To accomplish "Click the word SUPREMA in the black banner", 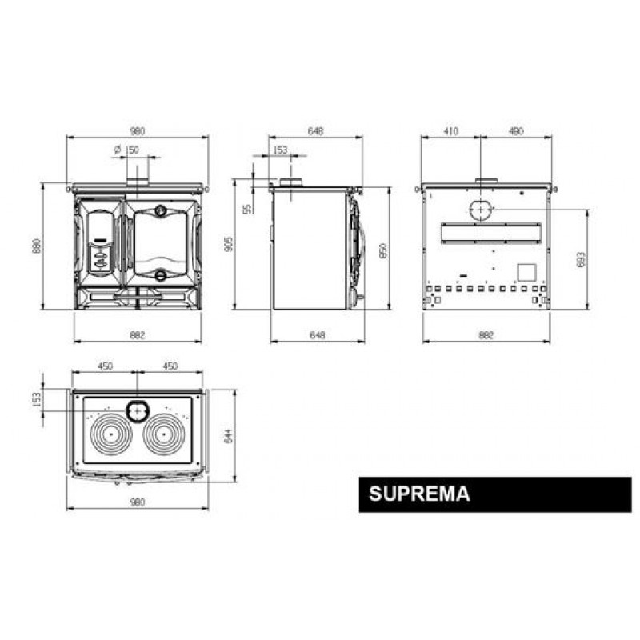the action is tap(419, 494).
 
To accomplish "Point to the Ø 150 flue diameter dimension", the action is tap(126, 150).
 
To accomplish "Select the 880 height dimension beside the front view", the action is tap(37, 246).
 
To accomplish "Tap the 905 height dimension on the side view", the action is tap(230, 244).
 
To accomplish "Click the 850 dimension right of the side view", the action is tap(383, 250).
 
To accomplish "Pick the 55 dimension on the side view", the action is tap(247, 210).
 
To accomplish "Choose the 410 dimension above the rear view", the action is tap(450, 131).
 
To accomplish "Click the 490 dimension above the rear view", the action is tap(516, 131).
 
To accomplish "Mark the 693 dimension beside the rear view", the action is tap(581, 259).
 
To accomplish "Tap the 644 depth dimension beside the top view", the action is tap(229, 435).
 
